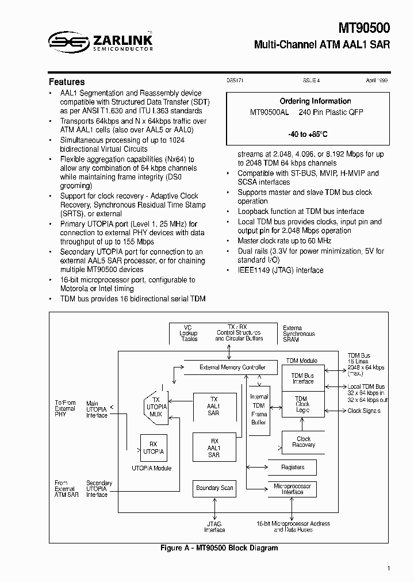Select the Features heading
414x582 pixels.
pyautogui.click(x=67, y=82)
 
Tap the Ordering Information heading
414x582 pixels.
pyautogui.click(x=315, y=101)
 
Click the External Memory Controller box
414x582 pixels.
pyautogui.click(x=232, y=367)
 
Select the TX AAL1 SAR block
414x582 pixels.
pyautogui.click(x=214, y=406)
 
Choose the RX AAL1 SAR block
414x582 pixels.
pyautogui.click(x=214, y=447)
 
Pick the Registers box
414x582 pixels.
pyautogui.click(x=292, y=467)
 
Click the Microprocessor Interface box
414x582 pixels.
pyautogui.click(x=292, y=489)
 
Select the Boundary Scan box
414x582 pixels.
pyautogui.click(x=214, y=488)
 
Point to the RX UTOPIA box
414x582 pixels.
pyautogui.click(x=154, y=448)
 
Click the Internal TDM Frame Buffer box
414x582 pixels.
pyautogui.click(x=259, y=409)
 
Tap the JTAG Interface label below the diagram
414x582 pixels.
pyautogui.click(x=214, y=527)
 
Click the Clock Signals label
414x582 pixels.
pyautogui.click(x=364, y=411)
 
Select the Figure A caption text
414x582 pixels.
pyautogui.click(x=218, y=548)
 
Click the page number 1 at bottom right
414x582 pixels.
pyautogui.click(x=389, y=569)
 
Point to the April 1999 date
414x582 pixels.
pyautogui.click(x=377, y=82)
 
